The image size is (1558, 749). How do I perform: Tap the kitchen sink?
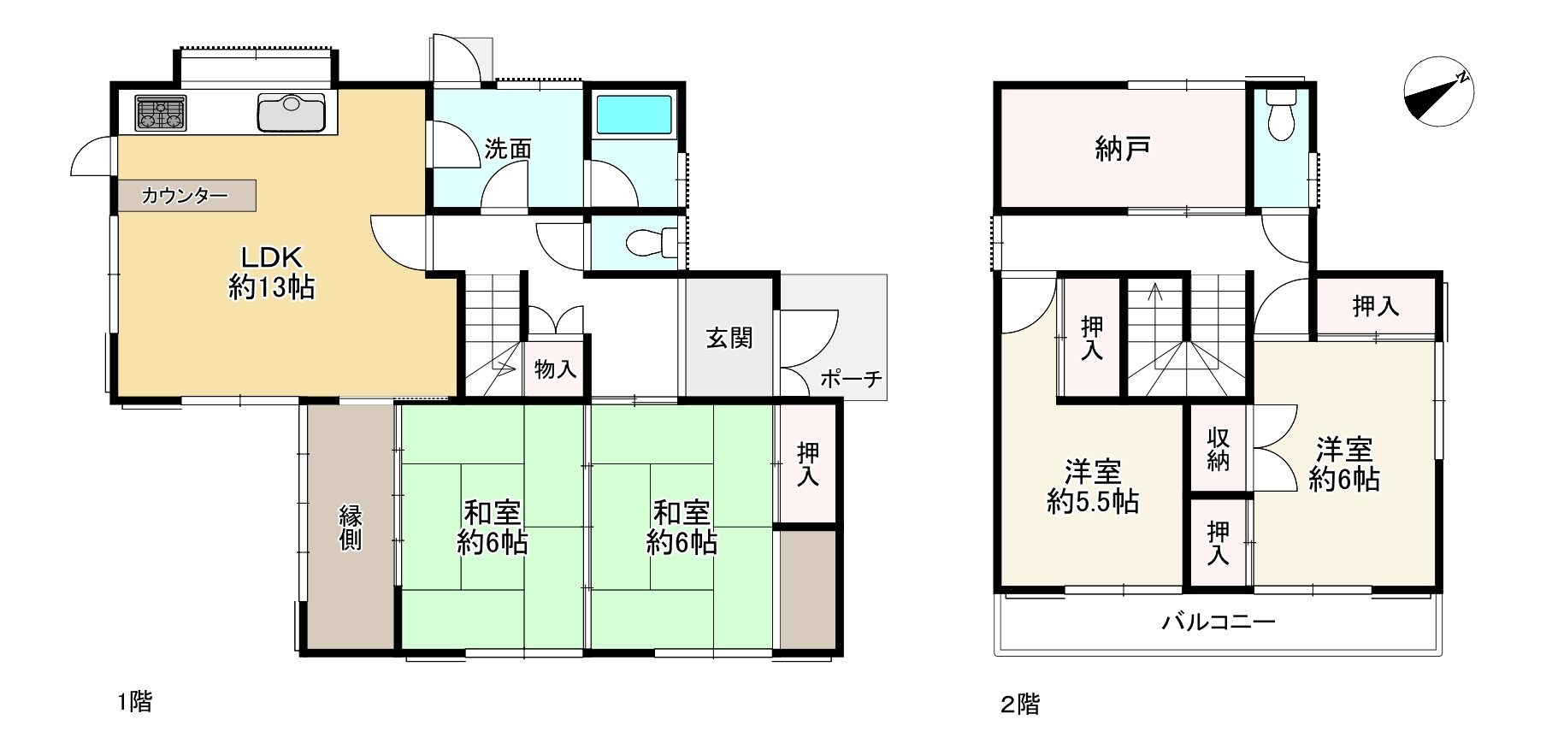pyautogui.click(x=292, y=113)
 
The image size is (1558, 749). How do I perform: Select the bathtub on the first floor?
pyautogui.click(x=634, y=115)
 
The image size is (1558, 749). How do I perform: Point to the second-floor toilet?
pyautogui.click(x=1280, y=121)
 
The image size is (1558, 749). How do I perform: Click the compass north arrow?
pyautogui.click(x=1438, y=92)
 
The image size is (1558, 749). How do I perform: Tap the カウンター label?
pyautogui.click(x=185, y=196)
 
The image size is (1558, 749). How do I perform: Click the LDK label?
pyautogui.click(x=271, y=257)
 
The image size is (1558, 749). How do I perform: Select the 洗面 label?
pyautogui.click(x=508, y=150)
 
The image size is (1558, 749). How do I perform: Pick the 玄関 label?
pyautogui.click(x=729, y=339)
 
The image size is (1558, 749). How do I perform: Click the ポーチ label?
pyautogui.click(x=851, y=379)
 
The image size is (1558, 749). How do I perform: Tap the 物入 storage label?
pyautogui.click(x=555, y=369)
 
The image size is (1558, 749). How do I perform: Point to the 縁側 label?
pyautogui.click(x=351, y=528)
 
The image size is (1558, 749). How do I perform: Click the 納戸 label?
pyautogui.click(x=1122, y=150)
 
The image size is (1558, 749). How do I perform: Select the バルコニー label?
pyautogui.click(x=1218, y=622)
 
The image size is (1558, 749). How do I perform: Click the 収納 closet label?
pyautogui.click(x=1219, y=450)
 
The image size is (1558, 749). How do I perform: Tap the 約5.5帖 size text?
pyautogui.click(x=1093, y=502)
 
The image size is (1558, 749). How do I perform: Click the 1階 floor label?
pyautogui.click(x=135, y=702)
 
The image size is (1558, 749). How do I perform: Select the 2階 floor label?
pyautogui.click(x=1020, y=705)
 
